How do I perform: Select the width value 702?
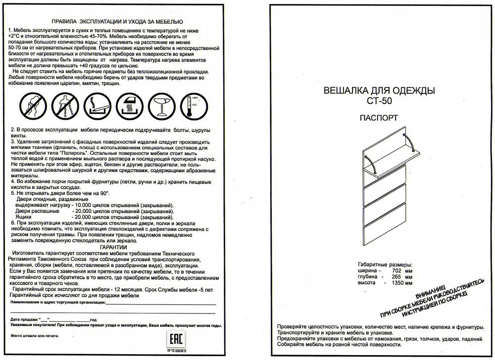[396, 271]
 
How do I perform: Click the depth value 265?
[396, 277]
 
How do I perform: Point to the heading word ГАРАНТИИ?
[113, 247]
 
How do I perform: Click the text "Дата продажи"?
[24, 319]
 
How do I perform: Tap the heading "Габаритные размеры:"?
[385, 265]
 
